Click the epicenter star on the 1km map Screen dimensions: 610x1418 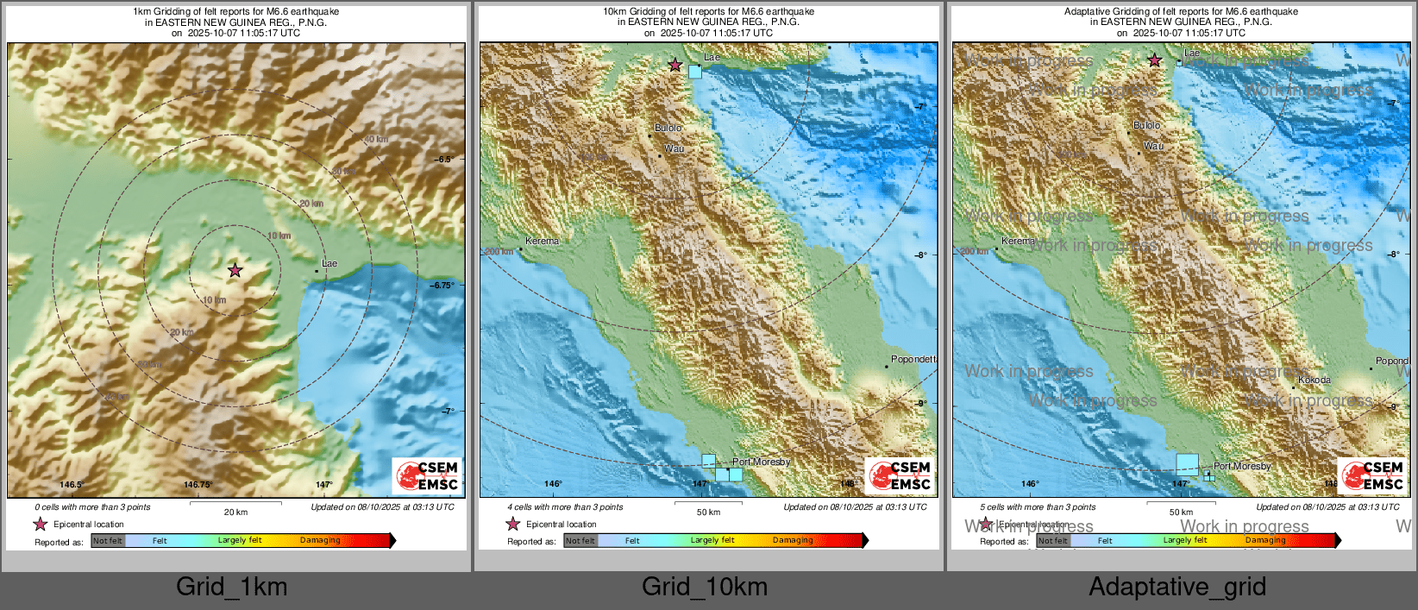[x=235, y=270]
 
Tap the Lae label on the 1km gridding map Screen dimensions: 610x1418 [x=329, y=263]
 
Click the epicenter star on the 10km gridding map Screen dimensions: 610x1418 [x=675, y=65]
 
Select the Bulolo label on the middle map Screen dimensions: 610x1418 [x=668, y=128]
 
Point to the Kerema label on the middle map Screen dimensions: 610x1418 [x=542, y=242]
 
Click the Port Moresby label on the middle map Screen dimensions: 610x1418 [x=761, y=462]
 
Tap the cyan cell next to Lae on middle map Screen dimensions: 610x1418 [x=695, y=72]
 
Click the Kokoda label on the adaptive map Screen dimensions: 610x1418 [x=1314, y=380]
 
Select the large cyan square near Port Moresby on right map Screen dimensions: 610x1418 [x=1187, y=464]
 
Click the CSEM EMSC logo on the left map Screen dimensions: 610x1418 [x=427, y=475]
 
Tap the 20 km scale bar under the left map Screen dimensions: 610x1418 [x=235, y=503]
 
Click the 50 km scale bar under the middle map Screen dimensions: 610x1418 [x=708, y=503]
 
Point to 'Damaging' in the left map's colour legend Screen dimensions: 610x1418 [x=320, y=541]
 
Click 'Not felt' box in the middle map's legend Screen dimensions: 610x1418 [x=580, y=541]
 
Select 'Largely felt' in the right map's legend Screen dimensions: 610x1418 [x=1184, y=541]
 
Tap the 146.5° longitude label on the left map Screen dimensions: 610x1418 [x=71, y=485]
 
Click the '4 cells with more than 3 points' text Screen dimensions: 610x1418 [x=565, y=507]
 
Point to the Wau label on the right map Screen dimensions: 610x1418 [x=1153, y=147]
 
